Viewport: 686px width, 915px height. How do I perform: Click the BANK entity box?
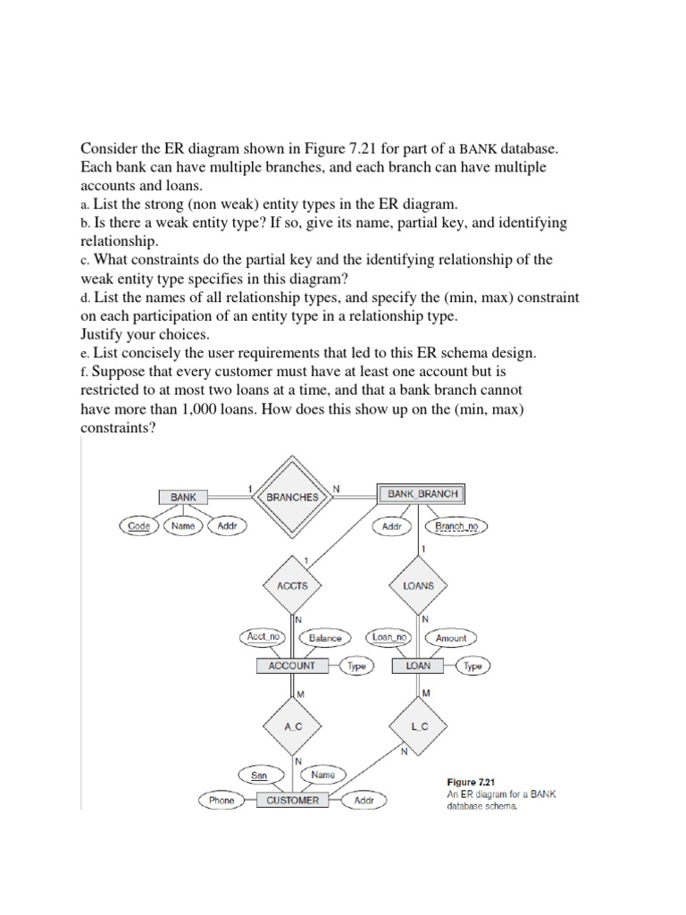point(183,497)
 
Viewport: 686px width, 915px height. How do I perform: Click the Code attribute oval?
point(139,526)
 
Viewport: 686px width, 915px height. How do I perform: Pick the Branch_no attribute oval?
point(456,527)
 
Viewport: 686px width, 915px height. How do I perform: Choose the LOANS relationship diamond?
point(419,585)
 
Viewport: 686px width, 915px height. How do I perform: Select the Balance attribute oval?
point(326,638)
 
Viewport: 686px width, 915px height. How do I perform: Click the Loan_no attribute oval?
point(390,637)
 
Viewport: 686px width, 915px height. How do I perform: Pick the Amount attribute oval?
point(451,638)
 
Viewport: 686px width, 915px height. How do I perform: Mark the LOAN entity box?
point(418,666)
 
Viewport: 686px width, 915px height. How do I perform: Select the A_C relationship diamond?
point(293,726)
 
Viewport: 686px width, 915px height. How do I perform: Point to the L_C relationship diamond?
point(420,726)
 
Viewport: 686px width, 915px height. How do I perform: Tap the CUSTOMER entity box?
point(292,801)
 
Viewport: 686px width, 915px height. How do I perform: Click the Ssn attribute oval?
point(259,776)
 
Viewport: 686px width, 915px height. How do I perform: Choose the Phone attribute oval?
point(222,801)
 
